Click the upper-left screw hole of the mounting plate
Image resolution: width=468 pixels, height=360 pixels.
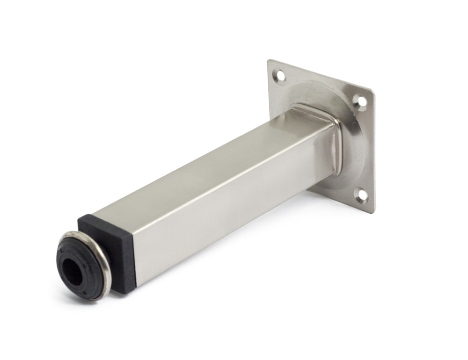(280, 75)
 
